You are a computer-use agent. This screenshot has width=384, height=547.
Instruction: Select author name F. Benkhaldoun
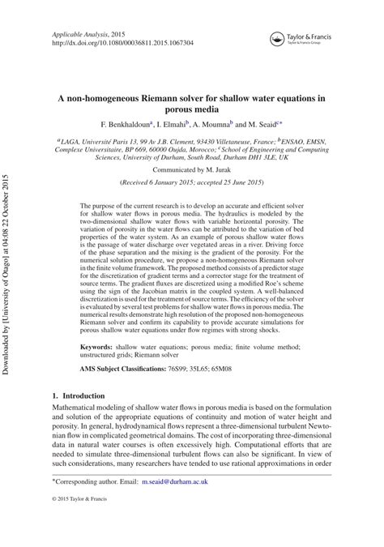pos(126,125)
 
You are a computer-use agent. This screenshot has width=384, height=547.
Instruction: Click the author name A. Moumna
pos(212,125)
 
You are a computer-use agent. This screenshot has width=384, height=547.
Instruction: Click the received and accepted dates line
pos(191,185)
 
